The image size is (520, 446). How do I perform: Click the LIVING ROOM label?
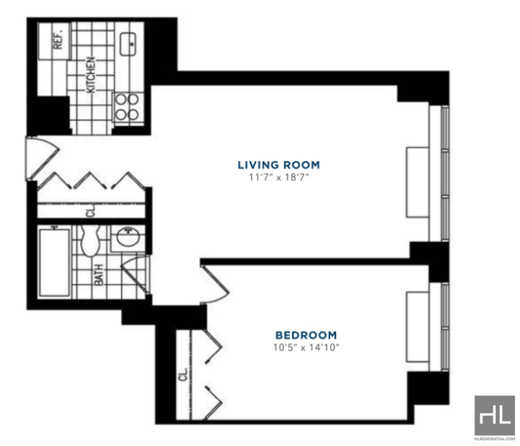[x=279, y=164]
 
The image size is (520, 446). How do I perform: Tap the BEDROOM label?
[x=306, y=335]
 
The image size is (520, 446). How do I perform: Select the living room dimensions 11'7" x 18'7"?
[x=279, y=177]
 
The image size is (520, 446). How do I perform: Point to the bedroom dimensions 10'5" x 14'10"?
[x=306, y=348]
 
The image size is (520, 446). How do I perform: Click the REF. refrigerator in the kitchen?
[x=55, y=41]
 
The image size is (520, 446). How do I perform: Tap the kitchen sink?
[x=129, y=44]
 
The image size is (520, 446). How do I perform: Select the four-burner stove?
[x=128, y=107]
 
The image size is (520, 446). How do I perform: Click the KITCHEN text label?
[x=90, y=75]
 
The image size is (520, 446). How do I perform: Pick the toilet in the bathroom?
[x=90, y=241]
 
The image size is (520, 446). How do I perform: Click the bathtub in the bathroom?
[x=55, y=262]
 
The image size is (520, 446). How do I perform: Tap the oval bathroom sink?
[x=128, y=237]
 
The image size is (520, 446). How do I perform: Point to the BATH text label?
[x=99, y=275]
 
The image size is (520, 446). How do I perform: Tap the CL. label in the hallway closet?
[x=91, y=210]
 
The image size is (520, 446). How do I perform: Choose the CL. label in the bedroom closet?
[x=183, y=374]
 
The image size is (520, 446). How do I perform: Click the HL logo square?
[x=495, y=415]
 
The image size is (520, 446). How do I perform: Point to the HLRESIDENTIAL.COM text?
[x=495, y=439]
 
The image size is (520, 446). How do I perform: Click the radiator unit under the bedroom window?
[x=418, y=327]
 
